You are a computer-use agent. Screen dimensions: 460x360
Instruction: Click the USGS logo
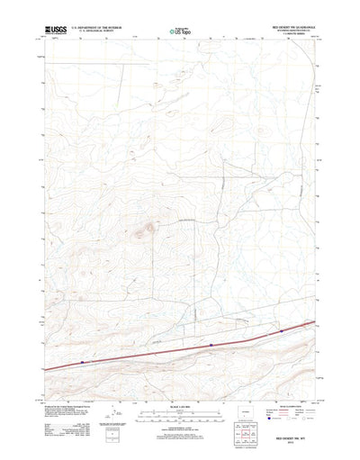(44, 30)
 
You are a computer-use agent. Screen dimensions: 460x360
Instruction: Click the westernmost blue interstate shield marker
(82, 362)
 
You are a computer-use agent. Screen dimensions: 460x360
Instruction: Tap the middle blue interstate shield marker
(211, 343)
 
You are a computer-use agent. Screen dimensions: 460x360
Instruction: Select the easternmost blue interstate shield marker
(282, 330)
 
